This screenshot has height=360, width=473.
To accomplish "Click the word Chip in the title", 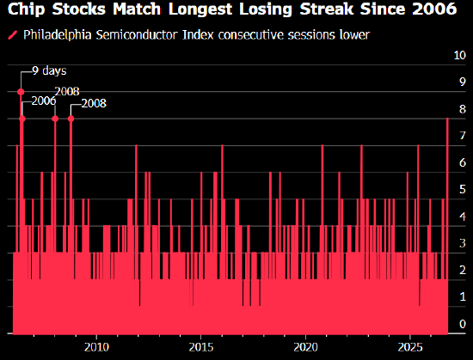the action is tap(27, 9).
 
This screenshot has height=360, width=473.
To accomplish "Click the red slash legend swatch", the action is tap(13, 35).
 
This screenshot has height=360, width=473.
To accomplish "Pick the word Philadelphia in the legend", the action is tap(58, 35).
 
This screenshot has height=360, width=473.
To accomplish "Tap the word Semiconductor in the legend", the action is tap(138, 35).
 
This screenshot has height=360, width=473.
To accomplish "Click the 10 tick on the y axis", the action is tap(460, 55).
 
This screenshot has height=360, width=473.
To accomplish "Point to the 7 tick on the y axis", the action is tap(463, 136).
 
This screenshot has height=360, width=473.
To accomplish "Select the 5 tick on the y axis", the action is tap(463, 189).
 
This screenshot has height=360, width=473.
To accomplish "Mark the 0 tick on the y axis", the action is tap(463, 324).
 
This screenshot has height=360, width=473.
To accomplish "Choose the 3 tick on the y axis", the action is tap(463, 243).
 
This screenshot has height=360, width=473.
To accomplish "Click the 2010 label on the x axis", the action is tap(96, 347).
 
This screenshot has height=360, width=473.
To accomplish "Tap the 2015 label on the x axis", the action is tap(201, 347).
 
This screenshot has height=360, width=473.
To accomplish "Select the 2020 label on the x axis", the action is tap(305, 347).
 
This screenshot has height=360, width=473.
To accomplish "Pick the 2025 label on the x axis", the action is tap(410, 347).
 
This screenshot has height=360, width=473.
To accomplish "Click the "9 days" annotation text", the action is tap(49, 71).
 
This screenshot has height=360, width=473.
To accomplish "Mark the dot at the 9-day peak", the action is tap(21, 92).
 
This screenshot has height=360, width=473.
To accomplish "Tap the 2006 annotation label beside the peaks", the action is tap(44, 101).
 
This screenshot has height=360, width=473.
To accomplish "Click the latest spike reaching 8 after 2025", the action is tap(447, 226).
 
